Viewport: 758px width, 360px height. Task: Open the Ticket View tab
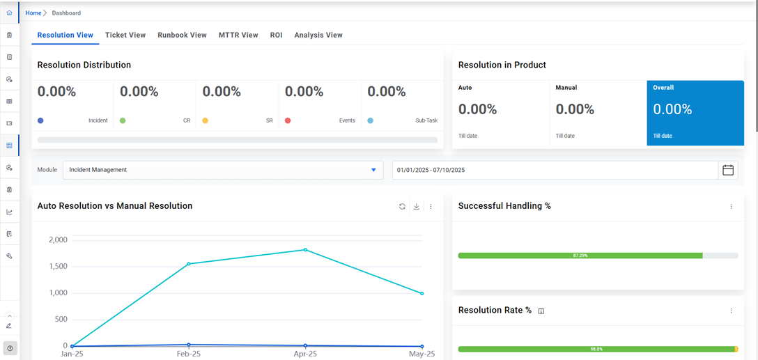[125, 35]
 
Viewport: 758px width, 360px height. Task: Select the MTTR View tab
[238, 35]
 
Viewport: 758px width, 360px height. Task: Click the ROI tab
[276, 35]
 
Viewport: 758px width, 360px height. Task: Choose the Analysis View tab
[318, 35]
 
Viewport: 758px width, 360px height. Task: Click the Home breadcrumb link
[33, 13]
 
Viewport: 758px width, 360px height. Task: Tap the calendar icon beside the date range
[728, 170]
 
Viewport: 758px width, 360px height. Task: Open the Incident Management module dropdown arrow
[373, 170]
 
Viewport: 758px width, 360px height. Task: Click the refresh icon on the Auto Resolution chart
[402, 206]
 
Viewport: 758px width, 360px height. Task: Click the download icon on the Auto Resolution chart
[417, 206]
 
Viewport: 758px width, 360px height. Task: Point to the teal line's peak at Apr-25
[305, 249]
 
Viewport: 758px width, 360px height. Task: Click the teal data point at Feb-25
[189, 264]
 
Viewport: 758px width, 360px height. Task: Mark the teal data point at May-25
[421, 293]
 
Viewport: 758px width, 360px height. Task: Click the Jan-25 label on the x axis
[72, 354]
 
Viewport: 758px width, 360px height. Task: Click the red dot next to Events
[288, 120]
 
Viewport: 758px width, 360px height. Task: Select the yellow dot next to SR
[205, 120]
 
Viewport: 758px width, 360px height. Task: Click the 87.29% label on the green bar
[580, 256]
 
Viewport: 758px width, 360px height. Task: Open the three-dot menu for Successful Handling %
[731, 206]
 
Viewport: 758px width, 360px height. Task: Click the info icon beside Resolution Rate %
[541, 311]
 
